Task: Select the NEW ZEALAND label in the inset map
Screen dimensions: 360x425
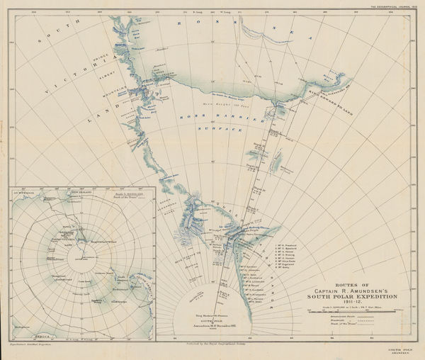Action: tap(84, 191)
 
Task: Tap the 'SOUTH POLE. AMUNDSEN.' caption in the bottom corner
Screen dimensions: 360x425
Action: tap(402, 351)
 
